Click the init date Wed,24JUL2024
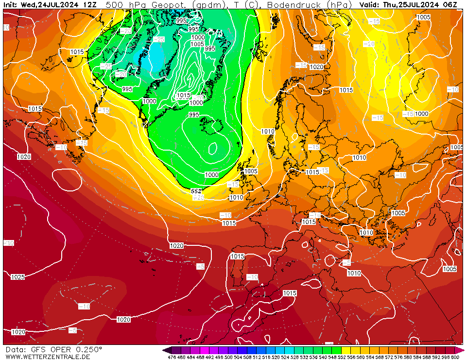(51, 5)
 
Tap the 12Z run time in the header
(89, 5)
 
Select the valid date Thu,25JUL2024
(411, 5)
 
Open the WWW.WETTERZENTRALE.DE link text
(48, 357)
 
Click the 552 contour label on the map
(196, 191)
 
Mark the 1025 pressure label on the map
(17, 277)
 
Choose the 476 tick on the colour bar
(172, 357)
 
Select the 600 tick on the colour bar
(455, 357)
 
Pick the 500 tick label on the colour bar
(228, 357)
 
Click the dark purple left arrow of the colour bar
(167, 350)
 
